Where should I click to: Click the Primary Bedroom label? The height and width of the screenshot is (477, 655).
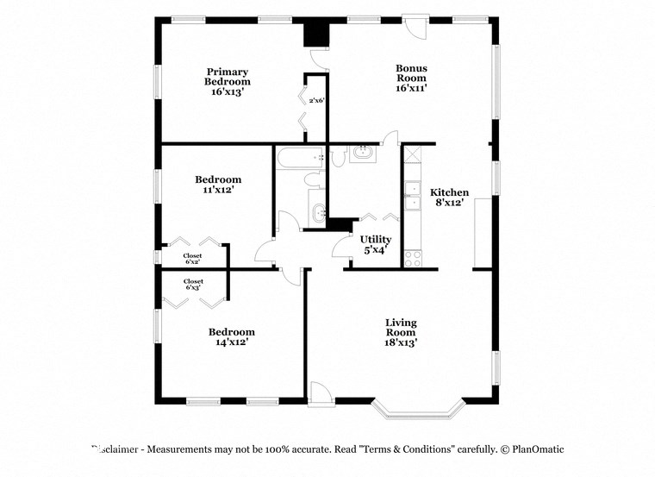pyautogui.click(x=227, y=82)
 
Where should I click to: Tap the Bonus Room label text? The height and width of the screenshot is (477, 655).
pyautogui.click(x=411, y=78)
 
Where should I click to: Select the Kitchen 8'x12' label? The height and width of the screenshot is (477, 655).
pyautogui.click(x=449, y=198)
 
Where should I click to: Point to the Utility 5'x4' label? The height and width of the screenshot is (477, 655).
pyautogui.click(x=376, y=244)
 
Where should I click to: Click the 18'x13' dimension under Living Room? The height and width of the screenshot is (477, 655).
pyautogui.click(x=401, y=342)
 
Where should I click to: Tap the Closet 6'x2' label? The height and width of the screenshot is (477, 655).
pyautogui.click(x=193, y=259)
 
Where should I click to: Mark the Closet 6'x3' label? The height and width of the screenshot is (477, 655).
pyautogui.click(x=193, y=284)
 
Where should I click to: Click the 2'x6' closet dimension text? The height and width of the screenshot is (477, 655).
pyautogui.click(x=316, y=101)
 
